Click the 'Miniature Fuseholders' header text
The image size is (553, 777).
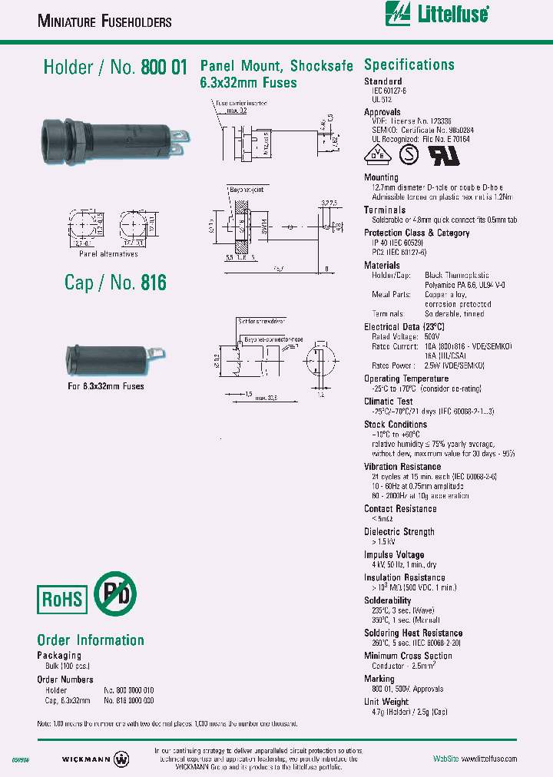pyautogui.click(x=104, y=22)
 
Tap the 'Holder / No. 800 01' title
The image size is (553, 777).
pyautogui.click(x=115, y=68)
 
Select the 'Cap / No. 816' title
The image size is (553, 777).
pyautogui.click(x=115, y=283)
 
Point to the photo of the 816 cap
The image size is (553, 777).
pyautogui.click(x=115, y=355)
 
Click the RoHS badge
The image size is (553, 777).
pyautogui.click(x=62, y=597)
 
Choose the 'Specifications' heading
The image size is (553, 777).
pyautogui.click(x=409, y=65)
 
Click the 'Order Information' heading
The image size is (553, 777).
pyautogui.click(x=91, y=640)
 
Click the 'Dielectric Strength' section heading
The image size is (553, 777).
pyautogui.click(x=399, y=531)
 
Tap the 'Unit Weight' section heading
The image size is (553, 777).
pyautogui.click(x=386, y=702)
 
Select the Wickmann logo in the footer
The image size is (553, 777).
pyautogui.click(x=96, y=759)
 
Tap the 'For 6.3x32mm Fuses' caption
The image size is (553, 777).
pyautogui.click(x=105, y=385)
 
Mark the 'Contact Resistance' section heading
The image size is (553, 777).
pyautogui.click(x=400, y=508)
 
